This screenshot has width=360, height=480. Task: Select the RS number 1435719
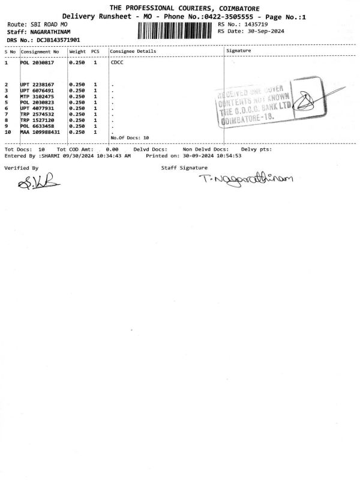[x=253, y=24]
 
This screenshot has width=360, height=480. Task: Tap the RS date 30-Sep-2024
[x=263, y=31]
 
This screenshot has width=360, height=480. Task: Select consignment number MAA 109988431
[x=40, y=132]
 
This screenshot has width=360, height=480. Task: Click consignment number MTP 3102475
[x=37, y=97]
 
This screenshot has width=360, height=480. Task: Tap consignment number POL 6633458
[x=37, y=126]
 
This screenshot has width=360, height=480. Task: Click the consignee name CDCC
[x=117, y=62]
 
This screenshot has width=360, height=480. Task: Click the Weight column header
[x=77, y=52]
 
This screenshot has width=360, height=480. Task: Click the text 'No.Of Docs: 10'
[x=130, y=138]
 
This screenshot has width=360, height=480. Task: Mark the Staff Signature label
[x=184, y=168]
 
